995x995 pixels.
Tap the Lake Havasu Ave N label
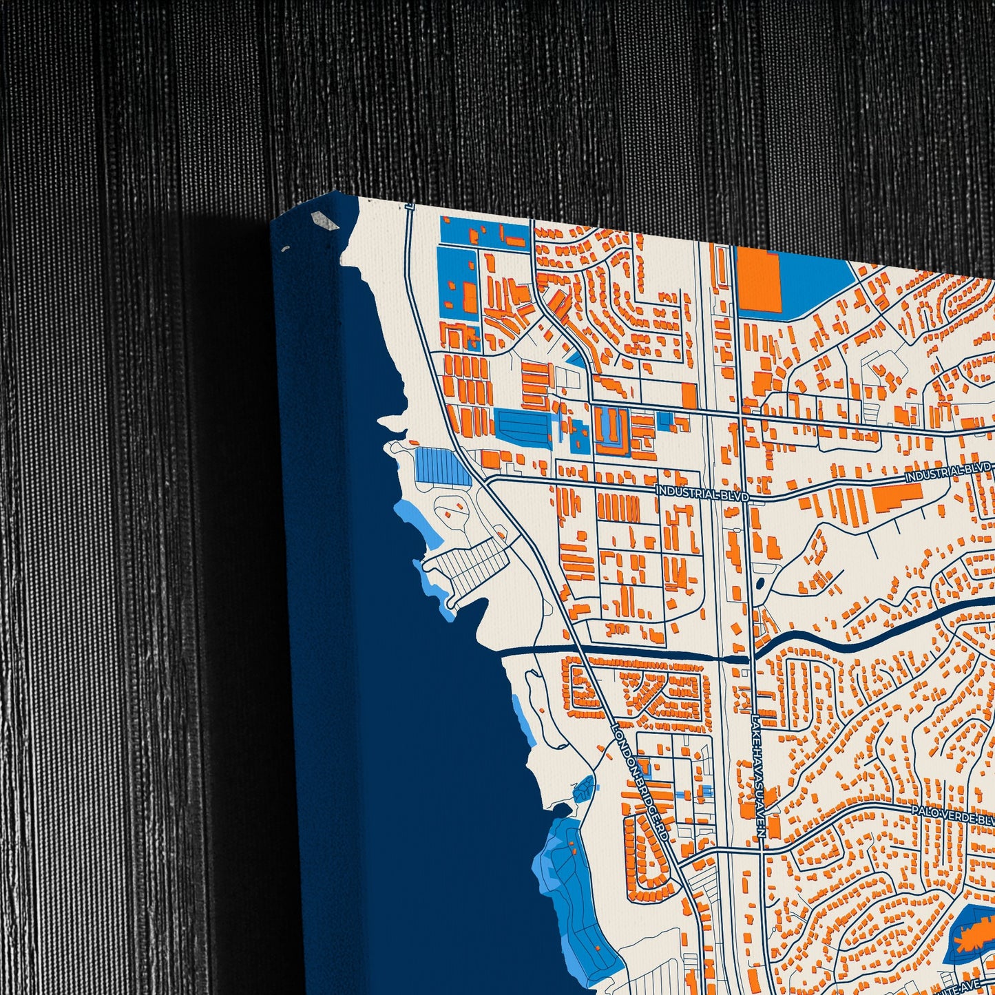coord(758,775)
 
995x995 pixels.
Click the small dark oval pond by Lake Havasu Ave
coord(759,584)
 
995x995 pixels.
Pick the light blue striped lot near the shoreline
coord(441,465)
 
